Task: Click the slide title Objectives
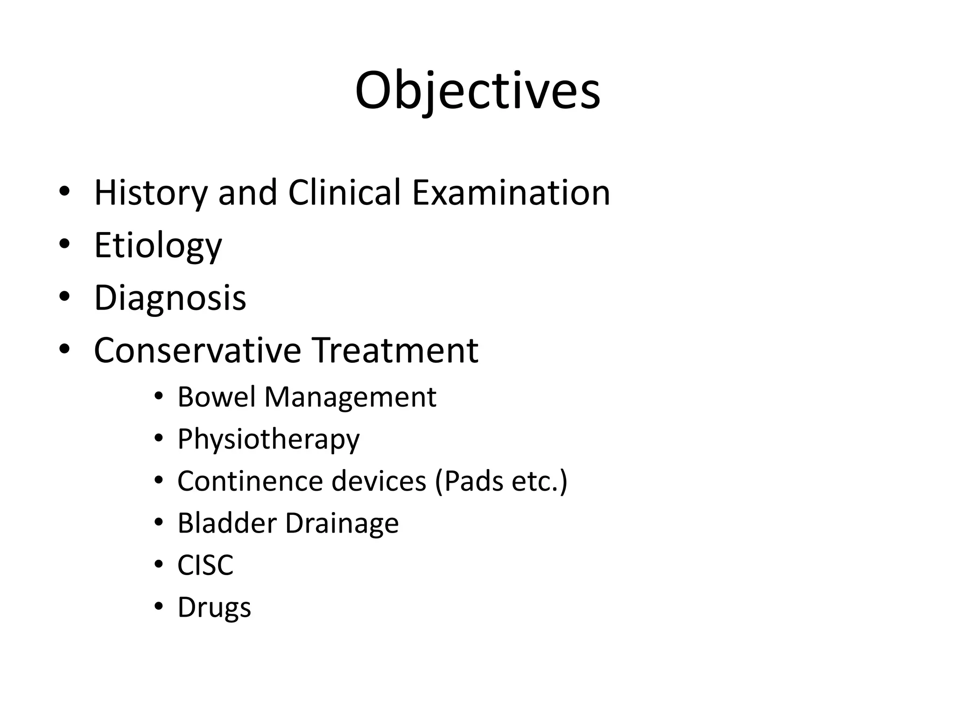pos(478,91)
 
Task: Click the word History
pos(151,193)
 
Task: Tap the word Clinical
pos(344,192)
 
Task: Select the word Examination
pos(511,192)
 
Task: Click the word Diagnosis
pos(170,298)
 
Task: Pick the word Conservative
pos(197,350)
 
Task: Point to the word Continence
pos(250,481)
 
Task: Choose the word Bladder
pos(227,523)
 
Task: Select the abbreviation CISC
pos(205,565)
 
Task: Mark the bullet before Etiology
pos(64,244)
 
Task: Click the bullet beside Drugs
pos(159,606)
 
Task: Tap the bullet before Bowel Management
pos(159,396)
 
